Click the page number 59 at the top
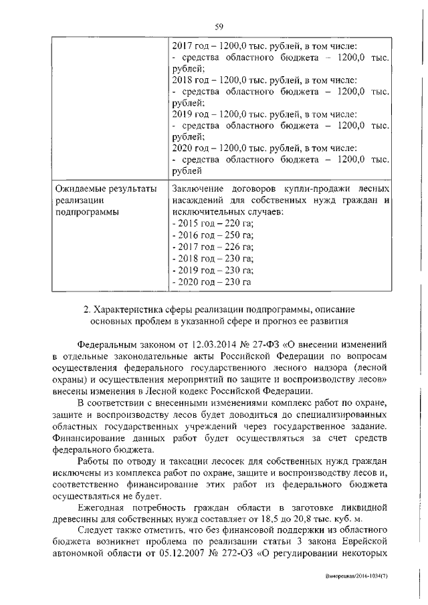click(x=218, y=27)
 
